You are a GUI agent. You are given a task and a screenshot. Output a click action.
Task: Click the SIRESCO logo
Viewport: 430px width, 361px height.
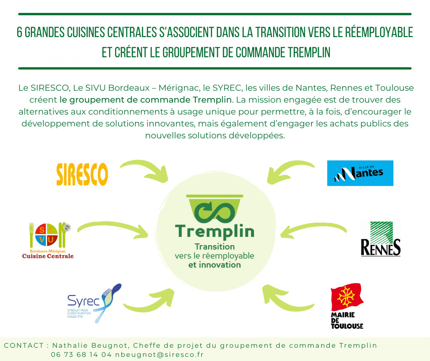(82, 174)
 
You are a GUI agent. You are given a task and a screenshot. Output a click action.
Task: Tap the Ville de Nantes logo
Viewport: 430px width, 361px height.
(360, 173)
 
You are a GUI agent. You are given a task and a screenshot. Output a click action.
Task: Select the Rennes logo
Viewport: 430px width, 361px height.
(381, 240)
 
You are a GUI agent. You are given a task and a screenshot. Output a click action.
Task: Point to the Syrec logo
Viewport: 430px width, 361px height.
(93, 302)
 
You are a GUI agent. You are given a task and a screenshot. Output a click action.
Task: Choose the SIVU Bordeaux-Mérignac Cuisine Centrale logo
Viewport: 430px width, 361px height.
(48, 240)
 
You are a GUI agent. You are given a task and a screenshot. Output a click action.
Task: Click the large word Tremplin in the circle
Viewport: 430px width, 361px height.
(215, 231)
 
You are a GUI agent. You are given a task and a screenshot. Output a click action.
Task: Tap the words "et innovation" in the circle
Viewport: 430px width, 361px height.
(214, 265)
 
